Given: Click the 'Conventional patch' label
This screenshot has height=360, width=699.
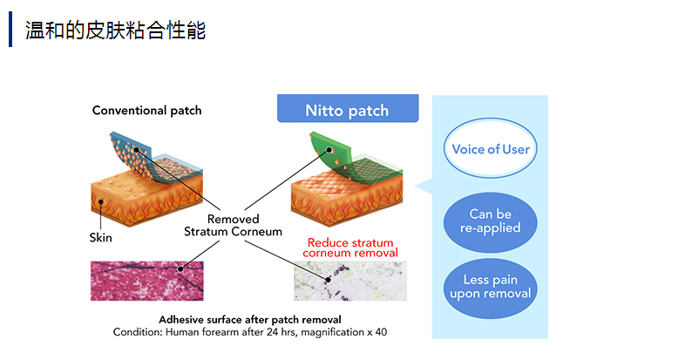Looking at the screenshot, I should coord(146,111).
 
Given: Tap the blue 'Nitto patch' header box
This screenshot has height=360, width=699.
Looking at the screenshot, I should coord(347,111).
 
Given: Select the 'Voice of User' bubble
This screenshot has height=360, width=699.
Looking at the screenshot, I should coord(491,149).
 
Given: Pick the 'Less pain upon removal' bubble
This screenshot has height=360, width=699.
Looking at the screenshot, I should coord(491,287).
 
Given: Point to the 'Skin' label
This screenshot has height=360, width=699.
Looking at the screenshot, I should coord(100,236).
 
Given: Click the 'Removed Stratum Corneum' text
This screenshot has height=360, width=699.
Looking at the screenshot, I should coord(233,226).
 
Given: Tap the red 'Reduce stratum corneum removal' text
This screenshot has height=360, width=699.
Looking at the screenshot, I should coord(349,248).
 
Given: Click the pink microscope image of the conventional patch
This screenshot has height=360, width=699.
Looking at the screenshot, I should coord(146,280).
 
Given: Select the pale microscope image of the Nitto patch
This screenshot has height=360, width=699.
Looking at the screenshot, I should coord(349,280).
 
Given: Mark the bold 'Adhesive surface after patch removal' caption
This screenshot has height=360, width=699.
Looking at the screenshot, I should coord(249,319).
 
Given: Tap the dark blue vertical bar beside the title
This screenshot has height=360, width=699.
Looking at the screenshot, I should coord(11,31).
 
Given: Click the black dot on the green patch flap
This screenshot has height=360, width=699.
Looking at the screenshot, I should coord(330,150).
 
